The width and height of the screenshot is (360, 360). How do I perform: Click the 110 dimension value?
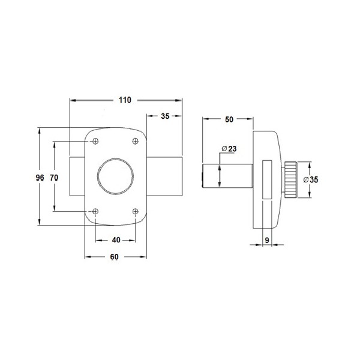(x=125, y=100)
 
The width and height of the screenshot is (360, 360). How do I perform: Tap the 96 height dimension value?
(x=40, y=178)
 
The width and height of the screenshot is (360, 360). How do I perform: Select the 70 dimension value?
(x=54, y=178)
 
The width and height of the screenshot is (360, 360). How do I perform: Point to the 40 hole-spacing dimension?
(x=116, y=240)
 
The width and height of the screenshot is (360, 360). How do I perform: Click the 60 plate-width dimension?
(x=115, y=257)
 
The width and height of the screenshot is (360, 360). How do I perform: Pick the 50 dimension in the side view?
(x=229, y=119)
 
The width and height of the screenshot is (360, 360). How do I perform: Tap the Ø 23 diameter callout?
(x=229, y=149)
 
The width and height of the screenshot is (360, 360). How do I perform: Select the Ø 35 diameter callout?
(x=311, y=180)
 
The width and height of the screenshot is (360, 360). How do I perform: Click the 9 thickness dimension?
(x=267, y=240)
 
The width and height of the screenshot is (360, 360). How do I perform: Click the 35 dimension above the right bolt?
(x=165, y=116)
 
